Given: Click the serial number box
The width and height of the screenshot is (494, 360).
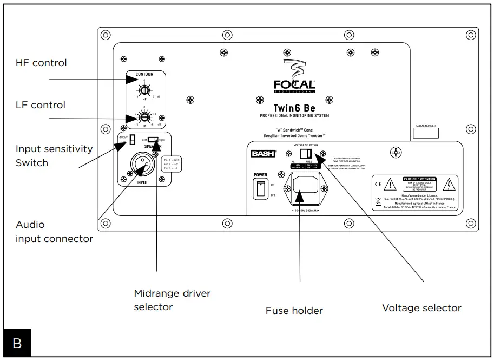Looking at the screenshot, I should (x=426, y=133).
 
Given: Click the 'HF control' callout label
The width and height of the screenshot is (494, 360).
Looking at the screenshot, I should (x=41, y=63).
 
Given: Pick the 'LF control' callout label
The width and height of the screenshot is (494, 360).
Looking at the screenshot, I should (x=41, y=105).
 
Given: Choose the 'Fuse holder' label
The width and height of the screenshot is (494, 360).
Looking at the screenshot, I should (x=294, y=311).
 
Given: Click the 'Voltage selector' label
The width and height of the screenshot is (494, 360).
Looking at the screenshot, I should (x=421, y=308).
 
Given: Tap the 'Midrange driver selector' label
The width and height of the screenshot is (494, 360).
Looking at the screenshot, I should (x=172, y=300).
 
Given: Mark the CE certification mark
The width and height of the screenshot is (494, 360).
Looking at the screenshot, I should (x=378, y=185).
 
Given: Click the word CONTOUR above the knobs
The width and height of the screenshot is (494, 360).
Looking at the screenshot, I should (x=144, y=75).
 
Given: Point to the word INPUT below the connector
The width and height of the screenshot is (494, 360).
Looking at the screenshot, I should (x=142, y=182).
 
